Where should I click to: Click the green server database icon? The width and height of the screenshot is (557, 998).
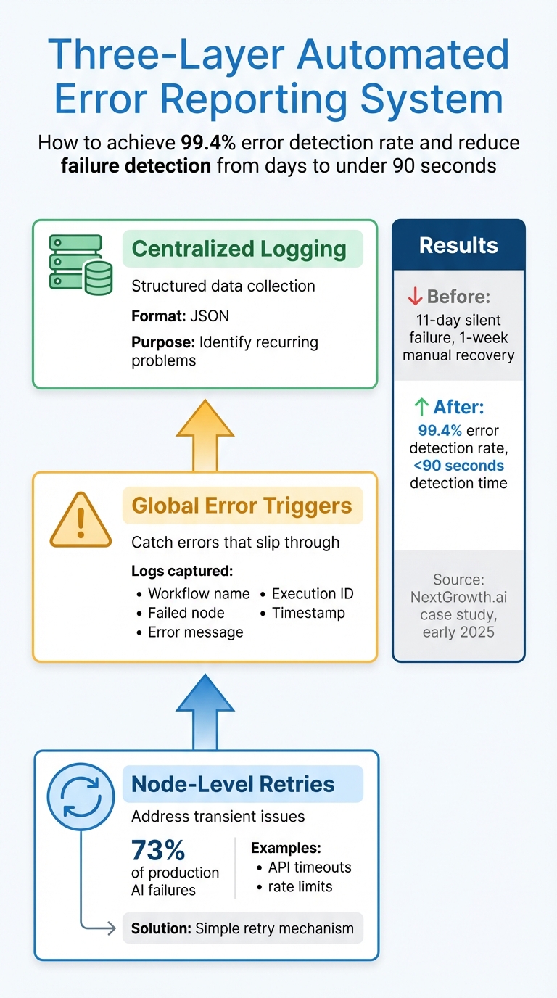tap(81, 264)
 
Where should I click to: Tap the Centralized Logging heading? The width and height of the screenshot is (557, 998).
tap(239, 249)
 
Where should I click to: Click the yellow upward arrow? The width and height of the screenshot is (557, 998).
tap(205, 436)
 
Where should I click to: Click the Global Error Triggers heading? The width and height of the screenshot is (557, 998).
tap(242, 506)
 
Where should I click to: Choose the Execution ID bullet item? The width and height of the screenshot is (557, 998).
tap(312, 594)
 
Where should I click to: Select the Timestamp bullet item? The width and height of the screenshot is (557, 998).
tap(308, 613)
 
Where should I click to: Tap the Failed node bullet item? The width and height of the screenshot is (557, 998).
tap(186, 613)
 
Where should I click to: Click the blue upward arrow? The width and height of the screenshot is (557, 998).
tap(205, 712)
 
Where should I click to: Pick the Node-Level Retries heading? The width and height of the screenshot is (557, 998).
tap(232, 784)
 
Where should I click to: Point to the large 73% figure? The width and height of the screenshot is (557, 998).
tap(158, 849)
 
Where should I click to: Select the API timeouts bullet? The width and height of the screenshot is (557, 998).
tap(309, 867)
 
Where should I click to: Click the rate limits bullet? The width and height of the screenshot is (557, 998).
tap(300, 886)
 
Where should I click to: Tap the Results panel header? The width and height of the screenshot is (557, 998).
tap(458, 245)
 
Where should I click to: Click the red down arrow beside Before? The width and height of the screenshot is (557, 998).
tap(415, 297)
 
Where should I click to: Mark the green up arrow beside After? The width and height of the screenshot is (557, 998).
tap(420, 408)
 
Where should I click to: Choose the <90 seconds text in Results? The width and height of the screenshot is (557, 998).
tap(461, 466)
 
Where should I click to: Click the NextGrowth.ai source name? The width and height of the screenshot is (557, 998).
tap(458, 598)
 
